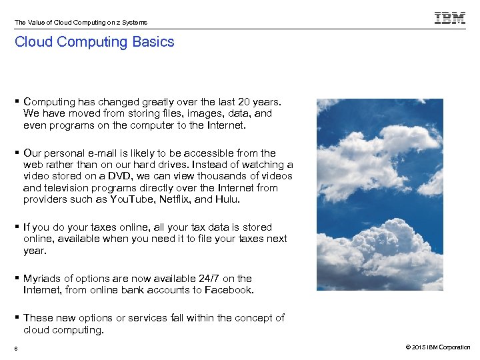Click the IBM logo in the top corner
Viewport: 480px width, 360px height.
[x=450, y=19]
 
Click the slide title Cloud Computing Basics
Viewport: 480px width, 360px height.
[x=95, y=42]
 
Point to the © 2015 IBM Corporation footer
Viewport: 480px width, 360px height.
[x=437, y=347]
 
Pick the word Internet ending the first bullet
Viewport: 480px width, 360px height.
[x=225, y=125]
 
